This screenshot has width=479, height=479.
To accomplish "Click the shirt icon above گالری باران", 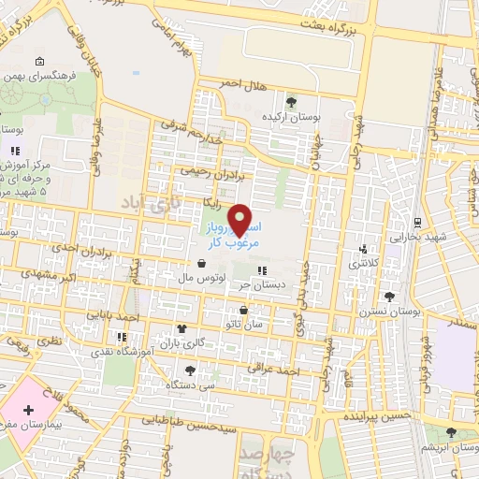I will click(181, 329).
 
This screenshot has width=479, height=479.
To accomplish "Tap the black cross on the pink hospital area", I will click(28, 411).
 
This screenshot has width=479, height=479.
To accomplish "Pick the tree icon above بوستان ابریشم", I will click(452, 432).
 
